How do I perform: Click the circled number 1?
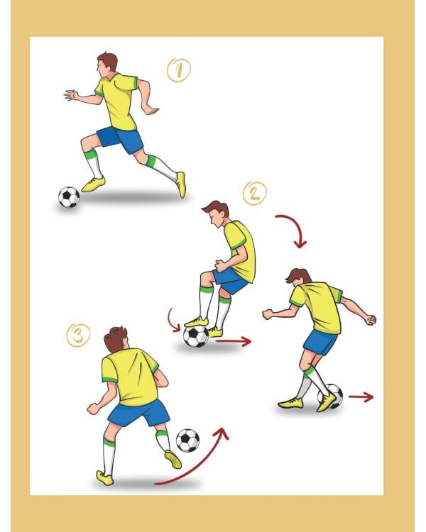click(179, 70)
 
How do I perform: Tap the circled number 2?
click(255, 194)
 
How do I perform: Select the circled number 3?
click(78, 336)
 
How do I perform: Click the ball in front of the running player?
click(69, 196)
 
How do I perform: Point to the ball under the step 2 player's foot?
click(196, 336)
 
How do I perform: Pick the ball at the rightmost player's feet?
click(330, 396)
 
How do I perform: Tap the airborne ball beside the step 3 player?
click(188, 440)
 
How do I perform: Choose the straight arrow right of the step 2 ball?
click(234, 341)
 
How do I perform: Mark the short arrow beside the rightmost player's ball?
click(361, 397)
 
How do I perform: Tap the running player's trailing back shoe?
click(181, 184)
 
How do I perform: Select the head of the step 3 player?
click(116, 339)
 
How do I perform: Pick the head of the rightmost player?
click(298, 277)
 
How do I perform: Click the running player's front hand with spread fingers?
click(71, 95)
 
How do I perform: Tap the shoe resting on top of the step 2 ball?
click(197, 321)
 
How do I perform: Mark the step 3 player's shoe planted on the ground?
click(104, 478)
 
